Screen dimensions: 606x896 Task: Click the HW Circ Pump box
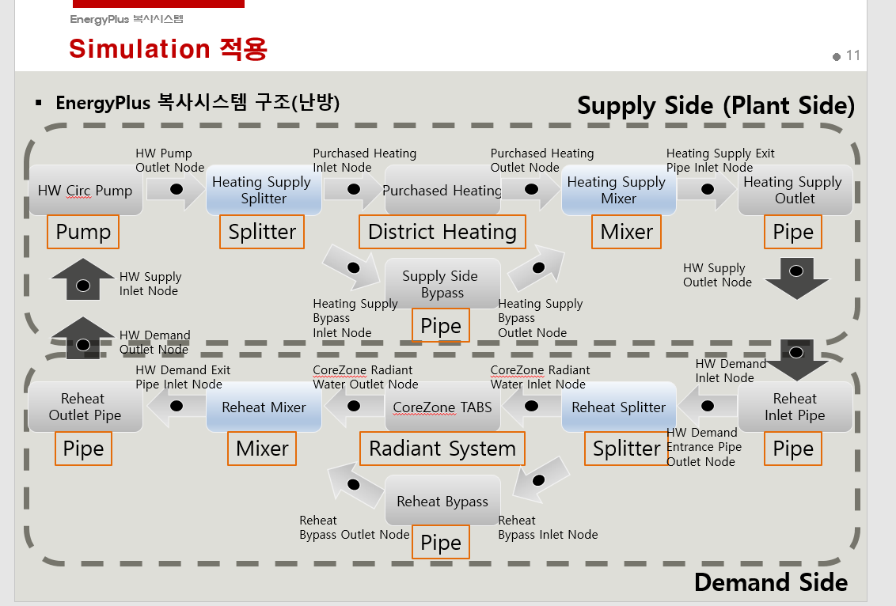85,191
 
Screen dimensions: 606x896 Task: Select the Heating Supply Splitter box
264,191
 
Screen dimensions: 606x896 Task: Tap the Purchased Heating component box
442,191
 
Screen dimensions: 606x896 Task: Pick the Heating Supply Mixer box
618,191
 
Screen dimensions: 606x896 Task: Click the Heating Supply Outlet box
795,191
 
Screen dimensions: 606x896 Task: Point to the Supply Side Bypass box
442,284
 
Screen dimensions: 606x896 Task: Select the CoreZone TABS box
442,407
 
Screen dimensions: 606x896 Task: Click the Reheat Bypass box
442,502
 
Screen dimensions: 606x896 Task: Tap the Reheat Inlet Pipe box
795,407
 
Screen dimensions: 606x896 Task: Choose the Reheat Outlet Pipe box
85,407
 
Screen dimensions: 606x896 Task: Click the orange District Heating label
442,232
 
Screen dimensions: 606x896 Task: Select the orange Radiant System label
442,449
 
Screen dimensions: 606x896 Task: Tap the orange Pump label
83,232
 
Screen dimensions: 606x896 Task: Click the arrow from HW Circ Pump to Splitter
176,191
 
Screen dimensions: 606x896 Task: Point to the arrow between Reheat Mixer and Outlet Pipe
176,407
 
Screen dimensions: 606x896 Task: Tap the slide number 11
852,55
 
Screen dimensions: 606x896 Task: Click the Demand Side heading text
770,583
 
